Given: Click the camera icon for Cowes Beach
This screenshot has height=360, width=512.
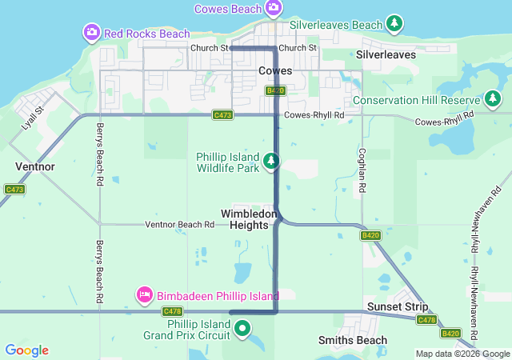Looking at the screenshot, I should pos(274,8).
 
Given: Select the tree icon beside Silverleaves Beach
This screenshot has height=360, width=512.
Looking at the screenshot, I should pos(394,24).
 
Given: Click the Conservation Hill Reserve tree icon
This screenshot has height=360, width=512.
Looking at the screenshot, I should pos(493,100).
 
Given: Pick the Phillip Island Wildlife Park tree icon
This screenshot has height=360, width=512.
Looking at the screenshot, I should pos(272,162).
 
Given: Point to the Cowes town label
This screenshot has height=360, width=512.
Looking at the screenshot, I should pos(275,71).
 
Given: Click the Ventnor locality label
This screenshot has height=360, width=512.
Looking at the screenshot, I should pos(34,166).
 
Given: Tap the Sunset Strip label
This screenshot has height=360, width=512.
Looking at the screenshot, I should pos(398,307).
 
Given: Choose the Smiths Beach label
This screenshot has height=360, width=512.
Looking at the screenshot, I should pos(353,340).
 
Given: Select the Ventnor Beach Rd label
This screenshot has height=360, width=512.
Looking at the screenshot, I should pos(180,225).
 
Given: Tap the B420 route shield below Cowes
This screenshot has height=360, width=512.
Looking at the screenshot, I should pos(275,90).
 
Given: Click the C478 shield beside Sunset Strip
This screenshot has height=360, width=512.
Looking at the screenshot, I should pos(426,320).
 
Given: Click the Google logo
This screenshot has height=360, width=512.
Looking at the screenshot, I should pos(26,350).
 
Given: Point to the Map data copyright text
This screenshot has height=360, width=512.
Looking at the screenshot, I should pos(462,354).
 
